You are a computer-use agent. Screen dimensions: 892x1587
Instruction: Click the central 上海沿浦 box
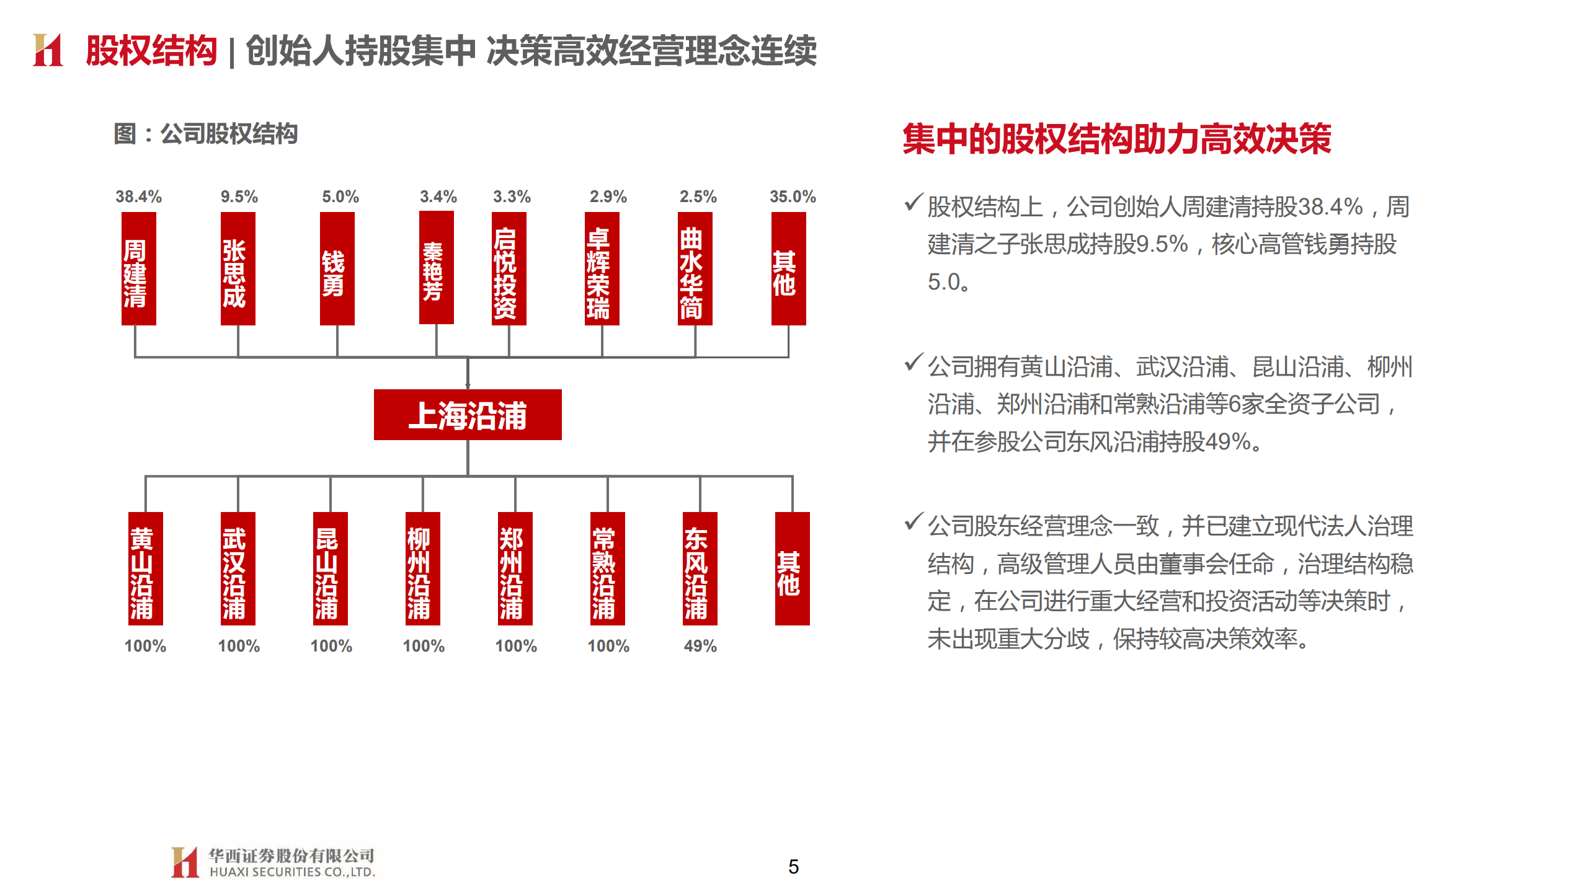(x=468, y=415)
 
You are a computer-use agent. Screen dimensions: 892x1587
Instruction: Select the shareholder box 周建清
(x=138, y=268)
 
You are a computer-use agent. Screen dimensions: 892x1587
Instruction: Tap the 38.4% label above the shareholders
(x=138, y=197)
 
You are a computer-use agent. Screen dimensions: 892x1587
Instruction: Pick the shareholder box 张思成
(x=238, y=268)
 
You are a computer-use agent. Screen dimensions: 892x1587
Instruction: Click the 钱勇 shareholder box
(x=337, y=268)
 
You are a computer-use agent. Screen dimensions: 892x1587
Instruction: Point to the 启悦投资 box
(x=509, y=268)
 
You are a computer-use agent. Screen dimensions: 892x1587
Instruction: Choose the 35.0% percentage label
(x=793, y=197)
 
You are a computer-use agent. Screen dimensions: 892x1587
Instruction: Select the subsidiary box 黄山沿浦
(x=145, y=568)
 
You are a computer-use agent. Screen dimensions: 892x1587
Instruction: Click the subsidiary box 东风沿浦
(x=700, y=568)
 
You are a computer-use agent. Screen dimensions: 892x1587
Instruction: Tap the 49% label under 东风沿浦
(x=700, y=646)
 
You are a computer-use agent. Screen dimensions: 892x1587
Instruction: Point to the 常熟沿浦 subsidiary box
(x=607, y=568)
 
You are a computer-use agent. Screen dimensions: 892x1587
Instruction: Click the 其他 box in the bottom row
(x=792, y=568)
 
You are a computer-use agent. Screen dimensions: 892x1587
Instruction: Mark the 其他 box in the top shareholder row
(x=788, y=268)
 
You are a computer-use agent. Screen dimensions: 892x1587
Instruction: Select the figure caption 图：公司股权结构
(x=206, y=133)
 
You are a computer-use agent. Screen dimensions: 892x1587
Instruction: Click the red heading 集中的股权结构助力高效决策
(x=1116, y=138)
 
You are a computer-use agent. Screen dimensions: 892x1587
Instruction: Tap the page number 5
(x=793, y=866)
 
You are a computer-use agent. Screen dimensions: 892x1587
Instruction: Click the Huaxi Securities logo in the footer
(x=273, y=862)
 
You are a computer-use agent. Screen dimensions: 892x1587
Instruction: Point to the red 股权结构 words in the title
(x=151, y=50)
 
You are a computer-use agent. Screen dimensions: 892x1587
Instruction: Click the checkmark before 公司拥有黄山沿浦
(x=913, y=362)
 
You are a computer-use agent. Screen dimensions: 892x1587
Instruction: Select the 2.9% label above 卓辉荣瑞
(x=608, y=197)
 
